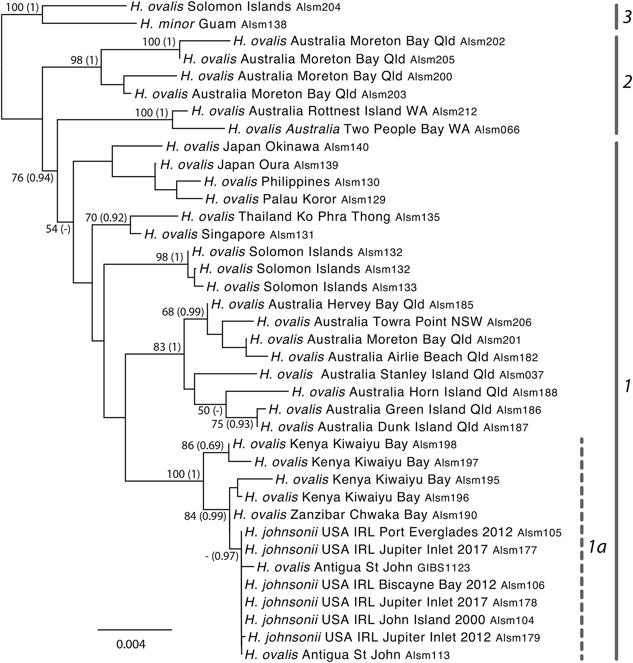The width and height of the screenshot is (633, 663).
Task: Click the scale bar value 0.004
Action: point(131,644)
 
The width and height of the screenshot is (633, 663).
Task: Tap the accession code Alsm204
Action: point(318,7)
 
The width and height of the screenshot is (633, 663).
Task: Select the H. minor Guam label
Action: point(213,24)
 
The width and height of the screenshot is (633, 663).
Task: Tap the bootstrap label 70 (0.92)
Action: point(106,217)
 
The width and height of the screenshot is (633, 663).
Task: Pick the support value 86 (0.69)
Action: point(202,445)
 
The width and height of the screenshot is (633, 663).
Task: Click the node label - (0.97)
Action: point(221,557)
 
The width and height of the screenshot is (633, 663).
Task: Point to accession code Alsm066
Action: point(497,130)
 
